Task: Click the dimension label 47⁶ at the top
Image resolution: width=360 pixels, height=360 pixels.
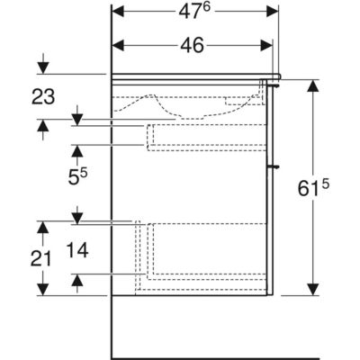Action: pyautogui.click(x=194, y=12)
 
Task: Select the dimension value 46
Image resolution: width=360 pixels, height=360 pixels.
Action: pyautogui.click(x=192, y=46)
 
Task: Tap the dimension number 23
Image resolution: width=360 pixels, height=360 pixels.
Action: pyautogui.click(x=43, y=97)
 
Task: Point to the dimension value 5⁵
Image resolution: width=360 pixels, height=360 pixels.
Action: pyautogui.click(x=77, y=177)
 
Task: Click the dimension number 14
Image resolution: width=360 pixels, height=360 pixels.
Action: pyautogui.click(x=77, y=250)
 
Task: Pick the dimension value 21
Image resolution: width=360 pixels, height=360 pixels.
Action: pyautogui.click(x=41, y=258)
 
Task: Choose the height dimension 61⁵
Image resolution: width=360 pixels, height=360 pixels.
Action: pyautogui.click(x=313, y=188)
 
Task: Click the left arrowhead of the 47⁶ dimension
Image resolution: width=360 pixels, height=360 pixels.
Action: pyautogui.click(x=118, y=12)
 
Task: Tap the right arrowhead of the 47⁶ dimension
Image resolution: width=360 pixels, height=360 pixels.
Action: pyautogui.click(x=273, y=12)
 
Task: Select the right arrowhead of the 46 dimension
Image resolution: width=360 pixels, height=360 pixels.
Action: pyautogui.click(x=266, y=46)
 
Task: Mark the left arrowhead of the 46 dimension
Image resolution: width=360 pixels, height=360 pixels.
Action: pyautogui.click(x=118, y=46)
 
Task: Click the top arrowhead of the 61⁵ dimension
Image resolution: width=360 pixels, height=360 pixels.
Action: pyautogui.click(x=313, y=86)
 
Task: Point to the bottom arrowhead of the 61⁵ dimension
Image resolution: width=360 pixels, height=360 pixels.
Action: pyautogui.click(x=313, y=289)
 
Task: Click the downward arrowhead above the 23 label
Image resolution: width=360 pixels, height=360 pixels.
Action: pyautogui.click(x=43, y=67)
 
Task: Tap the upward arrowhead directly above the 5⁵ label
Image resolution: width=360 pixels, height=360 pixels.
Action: pyautogui.click(x=77, y=150)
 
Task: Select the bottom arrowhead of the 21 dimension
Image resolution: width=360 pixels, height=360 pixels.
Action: pyautogui.click(x=43, y=289)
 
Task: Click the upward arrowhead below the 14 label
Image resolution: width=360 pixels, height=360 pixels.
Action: pyautogui.click(x=77, y=280)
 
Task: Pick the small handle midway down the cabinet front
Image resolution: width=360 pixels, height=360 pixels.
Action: pyautogui.click(x=274, y=166)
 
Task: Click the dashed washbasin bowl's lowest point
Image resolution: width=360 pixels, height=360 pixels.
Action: pyautogui.click(x=192, y=118)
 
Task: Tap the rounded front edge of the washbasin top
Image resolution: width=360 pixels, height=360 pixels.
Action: pyautogui.click(x=279, y=76)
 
